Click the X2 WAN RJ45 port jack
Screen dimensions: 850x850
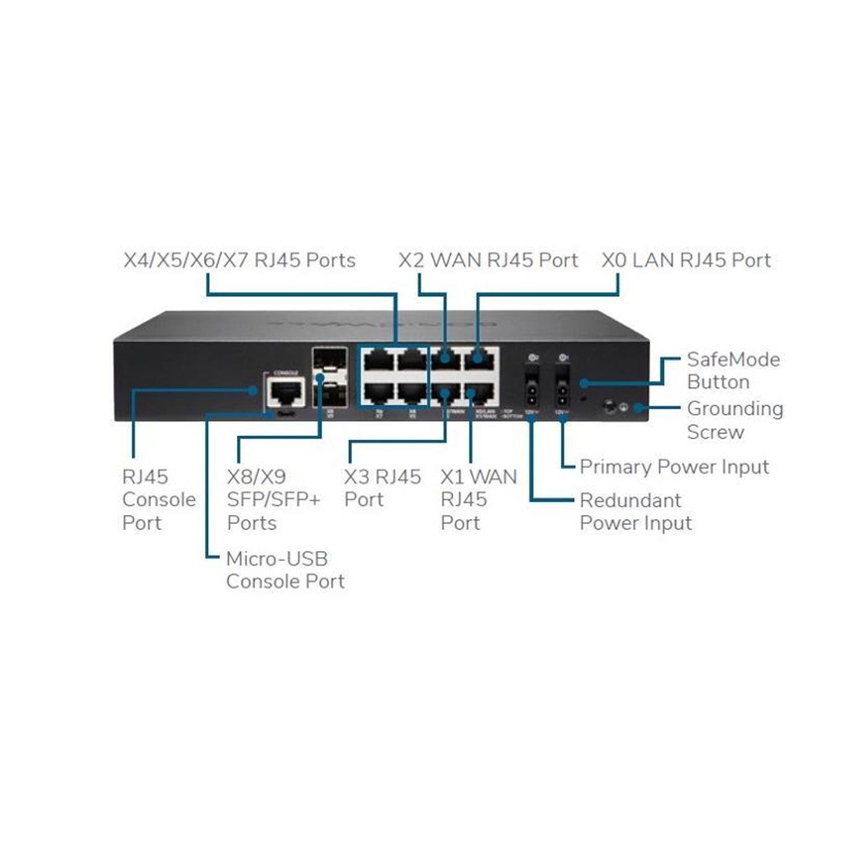click(x=445, y=359)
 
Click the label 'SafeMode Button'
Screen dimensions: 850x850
click(x=733, y=371)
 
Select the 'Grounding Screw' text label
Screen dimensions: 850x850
click(x=734, y=420)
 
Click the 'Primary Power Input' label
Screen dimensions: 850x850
click(x=674, y=467)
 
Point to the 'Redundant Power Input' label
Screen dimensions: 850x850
click(x=635, y=512)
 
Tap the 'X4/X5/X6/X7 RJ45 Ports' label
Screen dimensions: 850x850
click(x=239, y=261)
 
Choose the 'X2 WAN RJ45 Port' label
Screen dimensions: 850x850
click(x=488, y=261)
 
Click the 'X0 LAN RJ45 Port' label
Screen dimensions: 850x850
click(x=686, y=261)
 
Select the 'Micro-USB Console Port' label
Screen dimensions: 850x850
click(x=284, y=570)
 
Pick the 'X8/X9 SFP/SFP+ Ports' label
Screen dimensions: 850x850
click(x=273, y=500)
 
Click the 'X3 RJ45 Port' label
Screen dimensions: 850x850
click(x=382, y=488)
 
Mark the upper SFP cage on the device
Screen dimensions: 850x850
click(x=329, y=359)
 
